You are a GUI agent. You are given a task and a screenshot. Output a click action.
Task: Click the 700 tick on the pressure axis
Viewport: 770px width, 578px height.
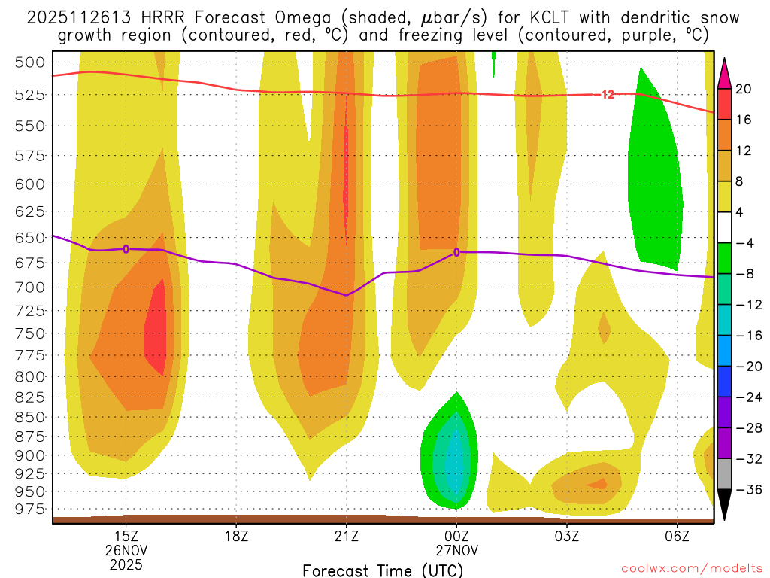pos(30,287)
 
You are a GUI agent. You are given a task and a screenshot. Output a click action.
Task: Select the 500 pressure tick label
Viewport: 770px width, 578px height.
pos(30,62)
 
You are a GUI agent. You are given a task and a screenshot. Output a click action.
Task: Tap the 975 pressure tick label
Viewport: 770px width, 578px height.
pos(30,510)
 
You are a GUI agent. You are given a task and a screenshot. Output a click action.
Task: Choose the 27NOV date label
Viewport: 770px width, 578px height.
pos(456,550)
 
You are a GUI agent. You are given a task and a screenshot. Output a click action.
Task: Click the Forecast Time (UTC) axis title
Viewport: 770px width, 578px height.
pos(383,570)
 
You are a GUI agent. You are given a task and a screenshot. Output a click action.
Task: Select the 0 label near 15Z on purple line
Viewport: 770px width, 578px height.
pos(126,249)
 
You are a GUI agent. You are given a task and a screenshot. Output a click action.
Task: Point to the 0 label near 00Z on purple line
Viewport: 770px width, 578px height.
pos(456,252)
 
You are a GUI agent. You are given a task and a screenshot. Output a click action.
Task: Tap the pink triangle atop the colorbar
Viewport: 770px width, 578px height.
pos(725,74)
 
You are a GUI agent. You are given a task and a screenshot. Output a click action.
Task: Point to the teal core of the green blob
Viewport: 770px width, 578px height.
pos(453,459)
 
